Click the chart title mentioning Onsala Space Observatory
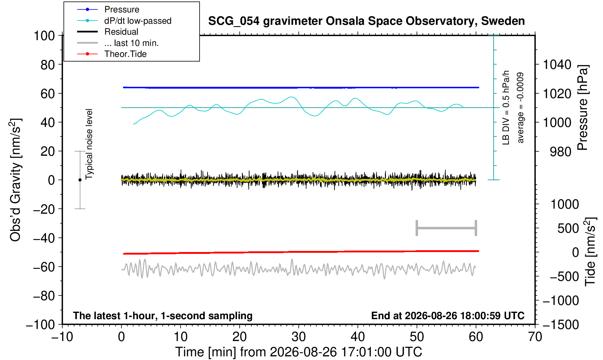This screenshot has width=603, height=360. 366,21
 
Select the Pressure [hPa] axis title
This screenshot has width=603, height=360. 583,108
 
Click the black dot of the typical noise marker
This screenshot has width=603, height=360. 80,180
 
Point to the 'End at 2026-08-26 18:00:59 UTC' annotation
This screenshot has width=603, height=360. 448,316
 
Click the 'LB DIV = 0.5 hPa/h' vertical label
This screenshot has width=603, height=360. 506,108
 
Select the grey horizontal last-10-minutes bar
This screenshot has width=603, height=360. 447,228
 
